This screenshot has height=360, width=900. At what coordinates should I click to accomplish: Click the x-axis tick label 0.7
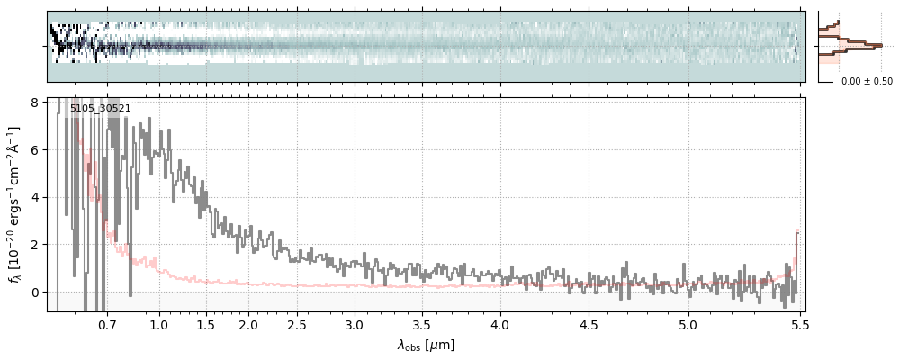tap(107, 324)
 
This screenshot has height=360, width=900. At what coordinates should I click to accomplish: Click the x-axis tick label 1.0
tap(158, 324)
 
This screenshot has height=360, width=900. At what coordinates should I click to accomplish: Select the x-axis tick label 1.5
tap(206, 324)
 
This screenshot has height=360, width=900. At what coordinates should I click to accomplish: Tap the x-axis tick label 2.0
tap(249, 324)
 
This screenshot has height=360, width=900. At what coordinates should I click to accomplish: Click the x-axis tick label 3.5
tap(422, 324)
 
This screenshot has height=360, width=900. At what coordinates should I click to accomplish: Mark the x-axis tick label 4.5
tap(589, 324)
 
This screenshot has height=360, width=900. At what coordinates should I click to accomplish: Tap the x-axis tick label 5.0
tap(688, 324)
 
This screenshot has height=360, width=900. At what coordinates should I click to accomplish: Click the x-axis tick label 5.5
tap(796, 324)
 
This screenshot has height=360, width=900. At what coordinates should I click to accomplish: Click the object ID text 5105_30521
tap(100, 109)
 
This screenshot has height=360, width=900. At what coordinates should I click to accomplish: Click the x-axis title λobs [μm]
tap(426, 345)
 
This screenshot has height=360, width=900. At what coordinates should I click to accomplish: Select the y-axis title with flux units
tap(15, 204)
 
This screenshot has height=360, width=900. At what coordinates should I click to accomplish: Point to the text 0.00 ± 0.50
tap(867, 82)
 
